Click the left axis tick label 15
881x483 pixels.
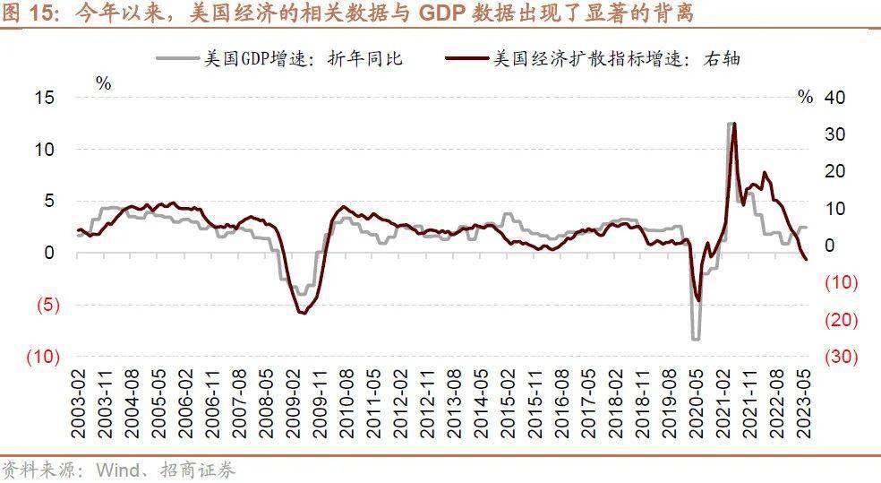click(46, 98)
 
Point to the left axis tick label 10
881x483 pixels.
click(46, 149)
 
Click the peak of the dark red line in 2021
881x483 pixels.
click(734, 124)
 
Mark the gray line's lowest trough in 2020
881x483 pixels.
click(695, 339)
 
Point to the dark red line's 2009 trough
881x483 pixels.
click(303, 312)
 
